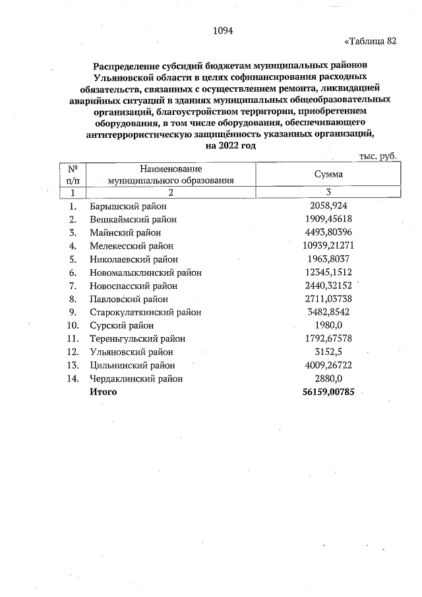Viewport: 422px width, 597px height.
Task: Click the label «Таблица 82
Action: [371, 42]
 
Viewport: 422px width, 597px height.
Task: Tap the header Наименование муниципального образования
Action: [171, 175]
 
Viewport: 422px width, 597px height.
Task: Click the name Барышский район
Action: [127, 206]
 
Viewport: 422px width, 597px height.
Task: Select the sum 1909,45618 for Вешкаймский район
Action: [329, 219]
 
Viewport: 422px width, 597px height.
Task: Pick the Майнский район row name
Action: [125, 232]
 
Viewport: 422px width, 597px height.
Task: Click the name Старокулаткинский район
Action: [146, 312]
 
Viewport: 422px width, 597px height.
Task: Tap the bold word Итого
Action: [104, 392]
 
